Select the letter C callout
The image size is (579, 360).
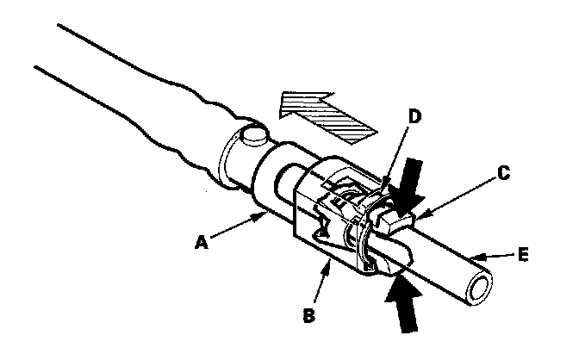pyautogui.click(x=506, y=173)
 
